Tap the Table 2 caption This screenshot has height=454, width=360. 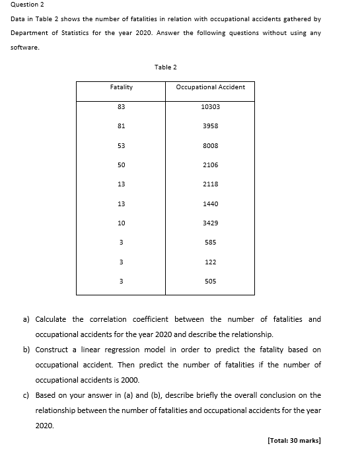(x=165, y=67)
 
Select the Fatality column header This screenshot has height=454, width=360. (x=121, y=87)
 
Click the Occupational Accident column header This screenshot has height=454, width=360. (x=210, y=87)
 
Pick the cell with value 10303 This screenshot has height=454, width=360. (x=210, y=107)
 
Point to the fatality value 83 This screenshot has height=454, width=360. (x=121, y=107)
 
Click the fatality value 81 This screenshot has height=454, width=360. (x=121, y=126)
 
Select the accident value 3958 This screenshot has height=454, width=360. (x=210, y=126)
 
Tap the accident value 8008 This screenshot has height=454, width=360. (x=210, y=145)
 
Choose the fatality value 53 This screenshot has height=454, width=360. (x=121, y=145)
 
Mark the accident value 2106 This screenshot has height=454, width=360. (x=210, y=165)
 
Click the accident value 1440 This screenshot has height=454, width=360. (x=210, y=204)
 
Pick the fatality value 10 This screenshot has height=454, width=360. (x=121, y=223)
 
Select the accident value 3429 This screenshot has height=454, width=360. (x=210, y=223)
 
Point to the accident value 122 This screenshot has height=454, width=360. (x=210, y=262)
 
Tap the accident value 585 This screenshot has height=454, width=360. (x=210, y=243)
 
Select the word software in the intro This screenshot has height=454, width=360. (x=24, y=48)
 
